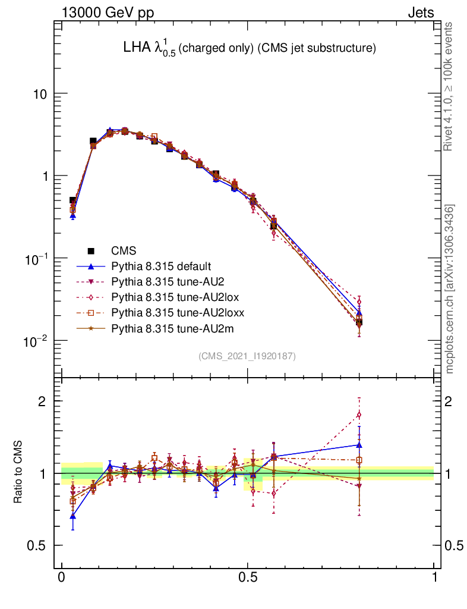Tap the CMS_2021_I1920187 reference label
point(247,356)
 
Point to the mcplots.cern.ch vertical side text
point(450,289)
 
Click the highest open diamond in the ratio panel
point(359,415)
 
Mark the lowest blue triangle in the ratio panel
point(72,517)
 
